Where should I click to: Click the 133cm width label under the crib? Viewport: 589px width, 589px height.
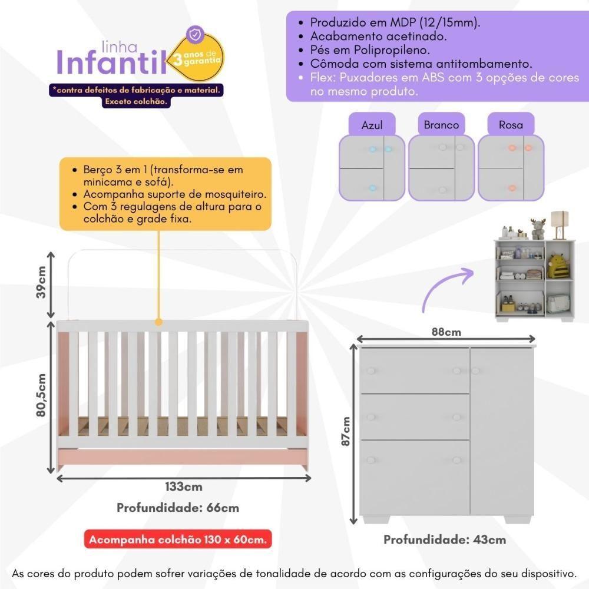coord(184,487)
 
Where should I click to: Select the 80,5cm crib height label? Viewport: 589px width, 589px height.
coord(41,395)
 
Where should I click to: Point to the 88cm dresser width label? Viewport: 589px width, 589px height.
coord(446,332)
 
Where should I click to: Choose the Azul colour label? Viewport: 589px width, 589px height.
coord(372,125)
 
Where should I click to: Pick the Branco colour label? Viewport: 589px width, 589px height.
coord(441,125)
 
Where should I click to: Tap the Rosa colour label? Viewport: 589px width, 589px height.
coord(511,125)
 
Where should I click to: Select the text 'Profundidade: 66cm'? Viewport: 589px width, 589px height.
coord(178,508)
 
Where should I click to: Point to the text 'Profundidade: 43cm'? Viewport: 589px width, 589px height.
coord(445,540)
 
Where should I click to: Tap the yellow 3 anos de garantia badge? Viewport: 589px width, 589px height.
coord(199,57)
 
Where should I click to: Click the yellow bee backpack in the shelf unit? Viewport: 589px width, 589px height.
coord(557,267)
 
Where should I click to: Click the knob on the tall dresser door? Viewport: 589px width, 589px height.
coord(476,371)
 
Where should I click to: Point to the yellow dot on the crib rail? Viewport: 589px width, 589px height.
coord(158,322)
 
